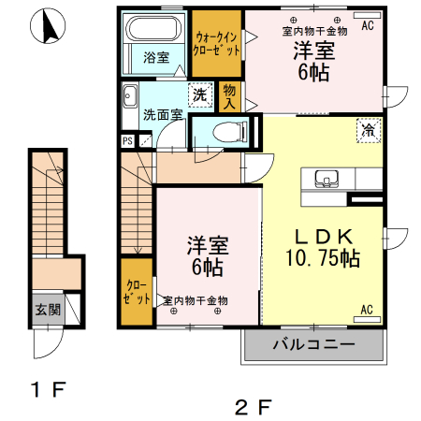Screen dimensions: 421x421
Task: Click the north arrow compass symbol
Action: pos(48,25)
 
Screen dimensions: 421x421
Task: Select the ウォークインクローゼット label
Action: pos(216,44)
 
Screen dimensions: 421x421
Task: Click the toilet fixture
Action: pos(229,131)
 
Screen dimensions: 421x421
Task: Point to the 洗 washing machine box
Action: pos(200,94)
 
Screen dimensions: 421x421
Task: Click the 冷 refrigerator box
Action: pos(369,130)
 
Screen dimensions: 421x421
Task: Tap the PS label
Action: pos(127,141)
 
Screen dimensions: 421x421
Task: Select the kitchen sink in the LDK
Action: pos(327,179)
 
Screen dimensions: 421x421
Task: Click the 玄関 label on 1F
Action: pos(48,310)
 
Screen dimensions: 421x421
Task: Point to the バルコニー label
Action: pos(314,344)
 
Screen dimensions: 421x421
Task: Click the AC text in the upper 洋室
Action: pos(368,25)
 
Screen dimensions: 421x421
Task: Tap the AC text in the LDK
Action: pos(367,310)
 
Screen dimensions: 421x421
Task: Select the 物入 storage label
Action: pos(229,96)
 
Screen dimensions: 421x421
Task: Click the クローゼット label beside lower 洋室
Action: pos(137,292)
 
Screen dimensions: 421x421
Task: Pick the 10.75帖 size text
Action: pos(323,258)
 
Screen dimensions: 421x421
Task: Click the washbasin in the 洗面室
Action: pos(130,95)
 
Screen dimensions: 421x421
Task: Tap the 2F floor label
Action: pos(254,408)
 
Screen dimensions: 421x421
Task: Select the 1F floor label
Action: pos(48,389)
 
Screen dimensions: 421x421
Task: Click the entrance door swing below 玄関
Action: pos(49,343)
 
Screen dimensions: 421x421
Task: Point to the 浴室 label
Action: pos(156,57)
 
